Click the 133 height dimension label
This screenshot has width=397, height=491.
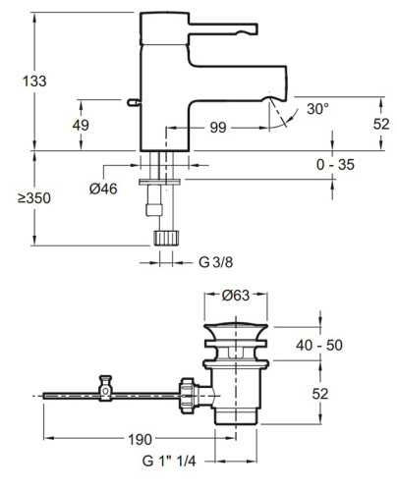(34, 81)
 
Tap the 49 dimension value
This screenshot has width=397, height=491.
(81, 125)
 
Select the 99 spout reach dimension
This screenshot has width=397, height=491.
(218, 128)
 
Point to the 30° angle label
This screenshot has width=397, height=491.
(317, 109)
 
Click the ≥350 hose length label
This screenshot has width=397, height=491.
(34, 198)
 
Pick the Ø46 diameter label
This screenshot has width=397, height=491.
(103, 189)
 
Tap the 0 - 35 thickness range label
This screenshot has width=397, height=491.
(335, 164)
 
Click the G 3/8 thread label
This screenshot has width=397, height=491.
(216, 262)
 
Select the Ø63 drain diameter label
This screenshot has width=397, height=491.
(236, 296)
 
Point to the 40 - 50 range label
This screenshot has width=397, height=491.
(319, 345)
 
